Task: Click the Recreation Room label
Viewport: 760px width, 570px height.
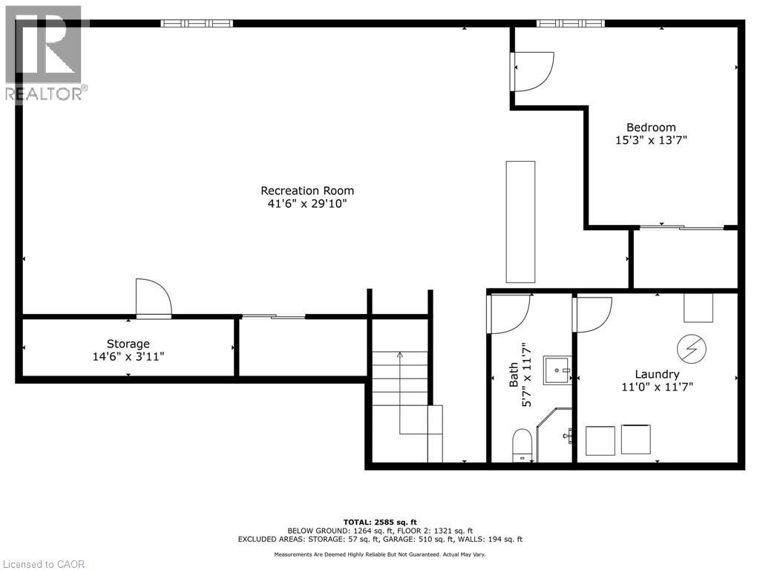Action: pyautogui.click(x=307, y=191)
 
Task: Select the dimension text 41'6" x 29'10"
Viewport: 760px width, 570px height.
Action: pyautogui.click(x=307, y=203)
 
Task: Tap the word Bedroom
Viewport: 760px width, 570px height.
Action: pyautogui.click(x=651, y=128)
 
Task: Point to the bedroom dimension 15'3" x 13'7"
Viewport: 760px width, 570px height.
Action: pyautogui.click(x=651, y=140)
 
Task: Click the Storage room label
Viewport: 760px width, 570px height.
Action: pyautogui.click(x=128, y=344)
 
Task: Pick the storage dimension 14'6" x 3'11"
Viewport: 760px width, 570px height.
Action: pyautogui.click(x=128, y=356)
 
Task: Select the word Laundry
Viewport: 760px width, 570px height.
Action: pyautogui.click(x=657, y=374)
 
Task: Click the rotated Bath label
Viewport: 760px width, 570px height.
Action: pyautogui.click(x=514, y=376)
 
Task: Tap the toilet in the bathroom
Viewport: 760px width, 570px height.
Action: pyautogui.click(x=523, y=445)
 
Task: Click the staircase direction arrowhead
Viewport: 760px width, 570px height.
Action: pyautogui.click(x=400, y=355)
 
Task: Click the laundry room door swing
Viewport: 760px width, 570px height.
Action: pyautogui.click(x=592, y=314)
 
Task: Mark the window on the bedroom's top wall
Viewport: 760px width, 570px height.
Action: pyautogui.click(x=571, y=24)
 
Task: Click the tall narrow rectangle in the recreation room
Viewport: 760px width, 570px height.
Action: pyautogui.click(x=520, y=221)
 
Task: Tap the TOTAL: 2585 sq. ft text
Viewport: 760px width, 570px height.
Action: pyautogui.click(x=380, y=522)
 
